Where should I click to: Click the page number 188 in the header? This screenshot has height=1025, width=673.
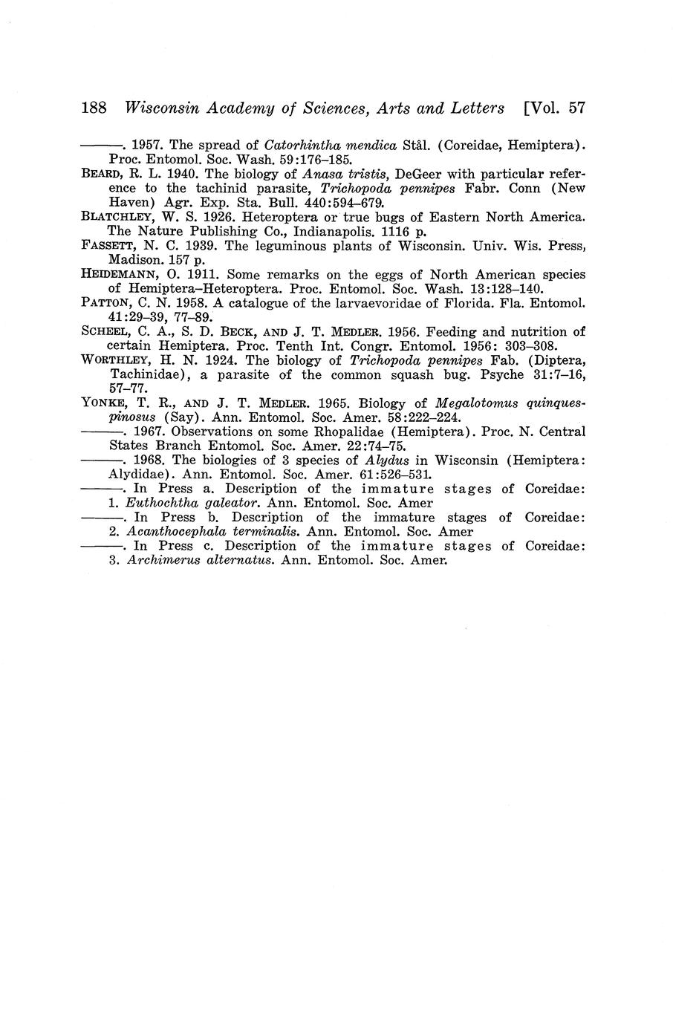point(94,108)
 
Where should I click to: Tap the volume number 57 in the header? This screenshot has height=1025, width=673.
point(576,108)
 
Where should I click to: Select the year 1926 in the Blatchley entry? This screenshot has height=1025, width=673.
point(234,217)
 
